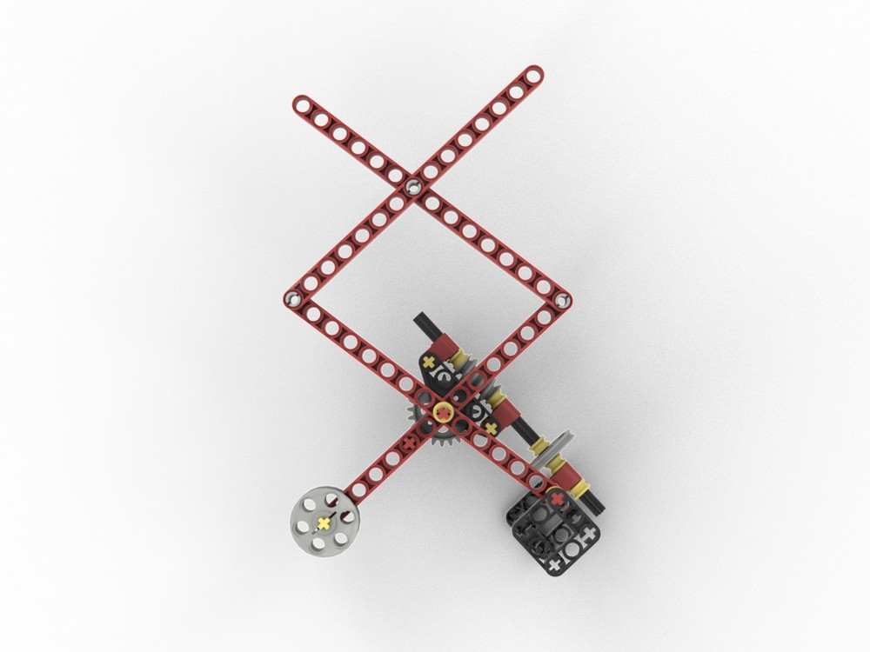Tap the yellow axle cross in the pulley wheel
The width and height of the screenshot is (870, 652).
click(324, 522)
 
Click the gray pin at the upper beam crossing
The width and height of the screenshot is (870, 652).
click(413, 186)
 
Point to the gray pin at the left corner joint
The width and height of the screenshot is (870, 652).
click(291, 298)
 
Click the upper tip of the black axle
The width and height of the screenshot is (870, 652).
click(421, 318)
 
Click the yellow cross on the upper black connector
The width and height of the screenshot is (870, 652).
click(428, 360)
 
